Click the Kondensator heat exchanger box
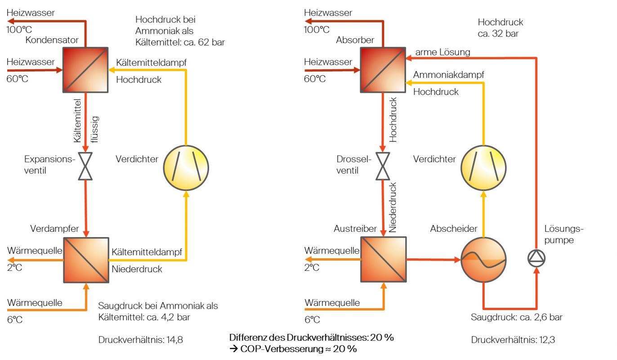coord(85,70)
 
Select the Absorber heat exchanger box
coord(383,70)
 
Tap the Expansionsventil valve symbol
coord(85,166)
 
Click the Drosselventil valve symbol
coord(383,166)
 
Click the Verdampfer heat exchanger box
coord(85,260)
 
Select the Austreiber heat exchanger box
coord(383,260)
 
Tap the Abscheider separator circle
coord(483,260)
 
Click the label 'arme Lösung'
coord(443,52)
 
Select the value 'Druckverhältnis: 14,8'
coord(141,340)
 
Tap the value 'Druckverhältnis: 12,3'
coord(513,340)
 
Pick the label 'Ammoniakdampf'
coord(448,75)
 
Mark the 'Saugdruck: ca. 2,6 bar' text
coord(517,317)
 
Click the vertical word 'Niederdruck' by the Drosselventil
coord(393,207)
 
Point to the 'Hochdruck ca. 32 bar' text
coord(501,28)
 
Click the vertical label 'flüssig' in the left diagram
coord(94,129)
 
